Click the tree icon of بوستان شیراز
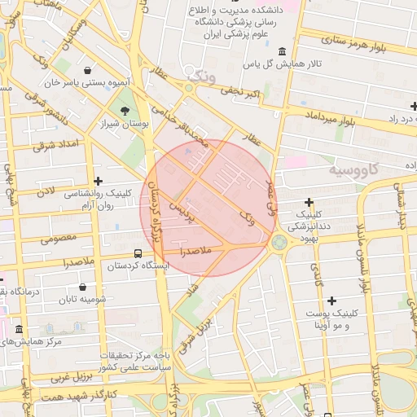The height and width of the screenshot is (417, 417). (125, 110)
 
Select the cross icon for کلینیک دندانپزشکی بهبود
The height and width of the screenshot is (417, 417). (309, 202)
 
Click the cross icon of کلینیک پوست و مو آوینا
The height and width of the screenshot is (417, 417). (331, 301)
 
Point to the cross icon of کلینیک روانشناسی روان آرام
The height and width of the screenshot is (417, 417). (99, 181)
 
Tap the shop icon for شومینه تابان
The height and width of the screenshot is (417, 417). (83, 287)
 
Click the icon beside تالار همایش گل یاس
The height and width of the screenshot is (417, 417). (282, 50)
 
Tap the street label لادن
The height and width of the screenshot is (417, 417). (45, 191)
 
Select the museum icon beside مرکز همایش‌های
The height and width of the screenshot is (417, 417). (19, 329)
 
